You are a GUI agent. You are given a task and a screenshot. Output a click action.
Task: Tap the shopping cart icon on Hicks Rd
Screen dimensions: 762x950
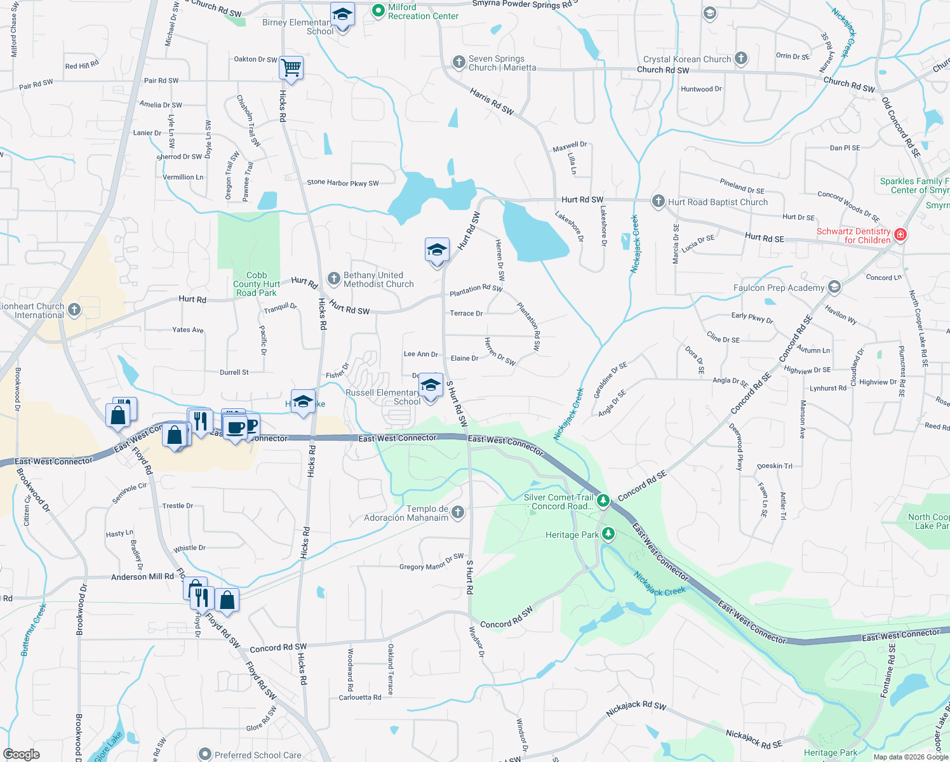[291, 67]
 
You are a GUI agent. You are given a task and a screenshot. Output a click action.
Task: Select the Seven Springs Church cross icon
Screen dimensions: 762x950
[459, 62]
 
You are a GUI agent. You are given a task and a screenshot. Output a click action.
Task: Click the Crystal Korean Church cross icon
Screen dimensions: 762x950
[740, 58]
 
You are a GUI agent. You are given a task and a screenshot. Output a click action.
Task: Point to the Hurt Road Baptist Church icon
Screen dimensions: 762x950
[659, 201]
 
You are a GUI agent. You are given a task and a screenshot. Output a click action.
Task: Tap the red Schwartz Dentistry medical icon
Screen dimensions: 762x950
[900, 235]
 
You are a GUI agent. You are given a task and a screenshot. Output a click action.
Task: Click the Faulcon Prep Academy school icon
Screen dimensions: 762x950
[834, 287]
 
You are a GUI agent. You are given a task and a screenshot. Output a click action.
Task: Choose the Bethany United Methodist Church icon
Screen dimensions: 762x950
[334, 279]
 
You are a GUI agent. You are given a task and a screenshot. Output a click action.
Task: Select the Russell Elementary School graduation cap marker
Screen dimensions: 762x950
[431, 385]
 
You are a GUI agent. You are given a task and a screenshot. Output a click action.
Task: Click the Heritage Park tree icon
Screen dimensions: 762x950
[608, 533]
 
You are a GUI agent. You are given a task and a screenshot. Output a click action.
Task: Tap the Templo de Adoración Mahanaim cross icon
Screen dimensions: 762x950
[458, 512]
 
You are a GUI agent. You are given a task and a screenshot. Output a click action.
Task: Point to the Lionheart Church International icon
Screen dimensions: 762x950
[74, 310]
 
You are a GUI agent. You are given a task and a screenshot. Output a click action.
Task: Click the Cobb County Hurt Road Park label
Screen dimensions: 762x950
[257, 284]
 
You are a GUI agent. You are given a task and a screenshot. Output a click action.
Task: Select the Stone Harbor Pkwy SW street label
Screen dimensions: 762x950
[342, 183]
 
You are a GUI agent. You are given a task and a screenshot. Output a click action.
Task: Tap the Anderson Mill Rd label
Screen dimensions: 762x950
[142, 577]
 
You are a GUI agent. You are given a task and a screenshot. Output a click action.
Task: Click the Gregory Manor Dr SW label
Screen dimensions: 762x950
[431, 562]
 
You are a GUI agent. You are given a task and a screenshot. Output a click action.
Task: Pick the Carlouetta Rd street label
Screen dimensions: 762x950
[360, 697]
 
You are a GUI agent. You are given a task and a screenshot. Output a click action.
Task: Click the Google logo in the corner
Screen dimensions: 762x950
[22, 754]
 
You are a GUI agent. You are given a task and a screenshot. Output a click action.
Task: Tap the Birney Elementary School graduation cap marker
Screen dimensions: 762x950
[342, 15]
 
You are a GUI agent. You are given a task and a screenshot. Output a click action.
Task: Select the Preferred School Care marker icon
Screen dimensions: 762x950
[205, 754]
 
